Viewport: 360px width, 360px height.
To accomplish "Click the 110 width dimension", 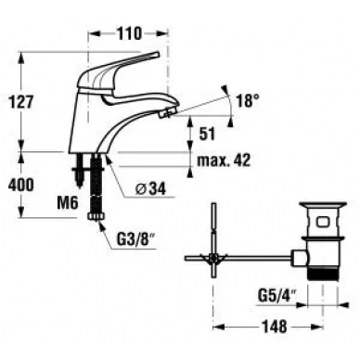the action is pyautogui.click(x=128, y=32).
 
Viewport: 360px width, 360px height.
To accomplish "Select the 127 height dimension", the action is pyautogui.click(x=20, y=102).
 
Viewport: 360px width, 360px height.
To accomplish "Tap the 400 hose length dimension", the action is pyautogui.click(x=20, y=186).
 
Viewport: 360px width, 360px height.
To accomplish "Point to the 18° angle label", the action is pyautogui.click(x=248, y=100).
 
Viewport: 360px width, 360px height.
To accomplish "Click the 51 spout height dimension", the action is pyautogui.click(x=206, y=134).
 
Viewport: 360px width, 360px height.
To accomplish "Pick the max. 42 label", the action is pyautogui.click(x=224, y=161).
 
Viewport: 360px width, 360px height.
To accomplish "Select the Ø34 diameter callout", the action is pyautogui.click(x=151, y=188).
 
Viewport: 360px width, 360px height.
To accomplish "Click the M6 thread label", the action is pyautogui.click(x=67, y=203).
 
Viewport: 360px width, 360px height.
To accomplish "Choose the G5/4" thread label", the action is pyautogui.click(x=276, y=298).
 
